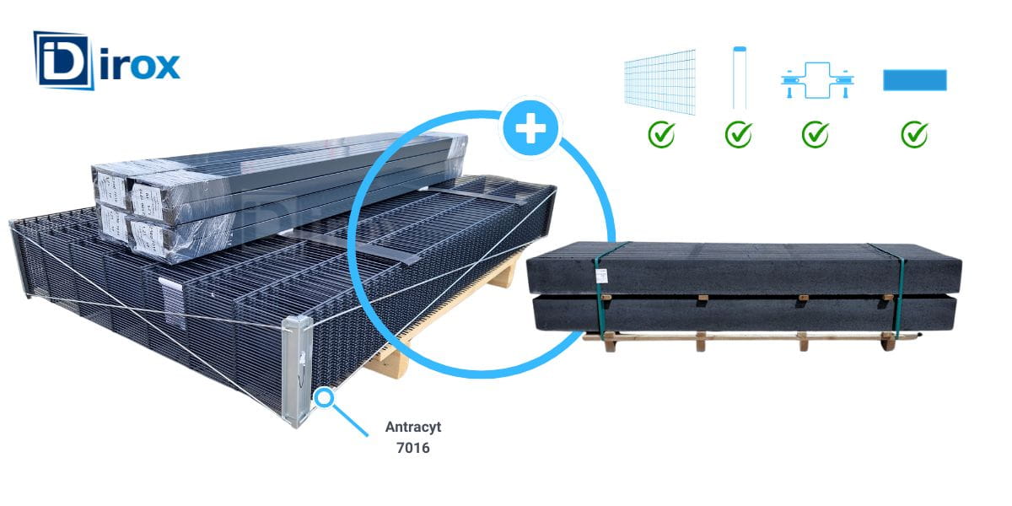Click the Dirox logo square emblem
point(62,61)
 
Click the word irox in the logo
point(141,66)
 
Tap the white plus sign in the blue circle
point(530,128)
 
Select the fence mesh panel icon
point(660,81)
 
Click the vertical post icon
point(740,78)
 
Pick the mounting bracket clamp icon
point(817,80)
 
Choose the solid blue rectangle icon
point(915,80)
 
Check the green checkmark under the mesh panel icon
point(662,135)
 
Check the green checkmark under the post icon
point(739,135)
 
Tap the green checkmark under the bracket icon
point(816,135)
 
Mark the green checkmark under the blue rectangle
point(915,135)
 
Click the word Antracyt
point(413,427)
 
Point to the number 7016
point(413,448)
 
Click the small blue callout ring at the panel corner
point(325,398)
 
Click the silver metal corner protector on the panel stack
point(296,371)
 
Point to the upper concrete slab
point(744,268)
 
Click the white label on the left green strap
point(601,274)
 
